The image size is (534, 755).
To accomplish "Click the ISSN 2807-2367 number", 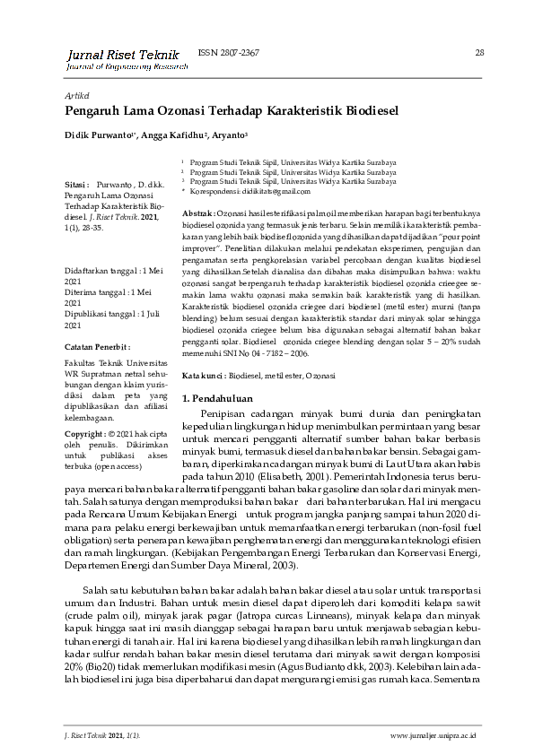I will click(x=229, y=53).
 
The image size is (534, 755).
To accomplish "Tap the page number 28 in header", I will click(x=479, y=53).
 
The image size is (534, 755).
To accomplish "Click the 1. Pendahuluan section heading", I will click(x=217, y=397).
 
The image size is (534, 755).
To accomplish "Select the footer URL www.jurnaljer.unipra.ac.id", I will click(x=433, y=735).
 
